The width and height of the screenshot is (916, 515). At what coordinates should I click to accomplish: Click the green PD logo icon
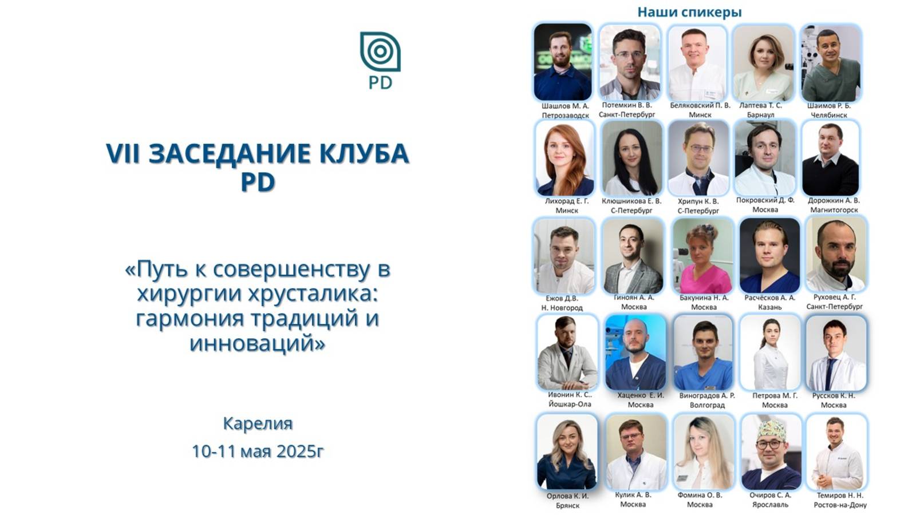tap(380, 52)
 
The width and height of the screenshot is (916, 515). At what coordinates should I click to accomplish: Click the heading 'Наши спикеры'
tap(689, 11)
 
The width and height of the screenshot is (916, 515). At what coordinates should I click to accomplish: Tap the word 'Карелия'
tap(258, 423)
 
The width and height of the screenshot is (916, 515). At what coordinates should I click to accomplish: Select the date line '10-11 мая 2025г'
tap(258, 451)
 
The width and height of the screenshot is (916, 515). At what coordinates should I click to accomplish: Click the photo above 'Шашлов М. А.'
tap(563, 62)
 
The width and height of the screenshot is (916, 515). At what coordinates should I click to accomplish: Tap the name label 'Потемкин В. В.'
tap(627, 105)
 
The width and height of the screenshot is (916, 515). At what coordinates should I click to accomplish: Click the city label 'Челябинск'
tap(829, 115)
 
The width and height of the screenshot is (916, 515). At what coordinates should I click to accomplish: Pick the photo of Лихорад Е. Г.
tap(566, 159)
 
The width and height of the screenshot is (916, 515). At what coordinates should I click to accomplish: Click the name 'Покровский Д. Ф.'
tap(765, 200)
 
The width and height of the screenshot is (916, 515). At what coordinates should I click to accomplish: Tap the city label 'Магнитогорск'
tap(834, 210)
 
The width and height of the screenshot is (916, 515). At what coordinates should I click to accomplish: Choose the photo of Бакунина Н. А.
tap(703, 256)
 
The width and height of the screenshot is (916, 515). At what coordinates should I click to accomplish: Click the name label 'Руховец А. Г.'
tap(835, 297)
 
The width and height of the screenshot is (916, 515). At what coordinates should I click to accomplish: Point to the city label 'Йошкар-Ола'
tap(570, 404)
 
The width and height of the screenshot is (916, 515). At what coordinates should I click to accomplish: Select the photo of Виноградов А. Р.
tap(703, 352)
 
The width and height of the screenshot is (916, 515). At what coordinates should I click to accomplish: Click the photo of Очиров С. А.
tap(771, 451)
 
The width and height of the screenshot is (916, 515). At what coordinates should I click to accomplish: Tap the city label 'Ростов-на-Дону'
tap(840, 505)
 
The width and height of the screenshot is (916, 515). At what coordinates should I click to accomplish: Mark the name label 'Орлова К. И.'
tap(567, 496)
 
